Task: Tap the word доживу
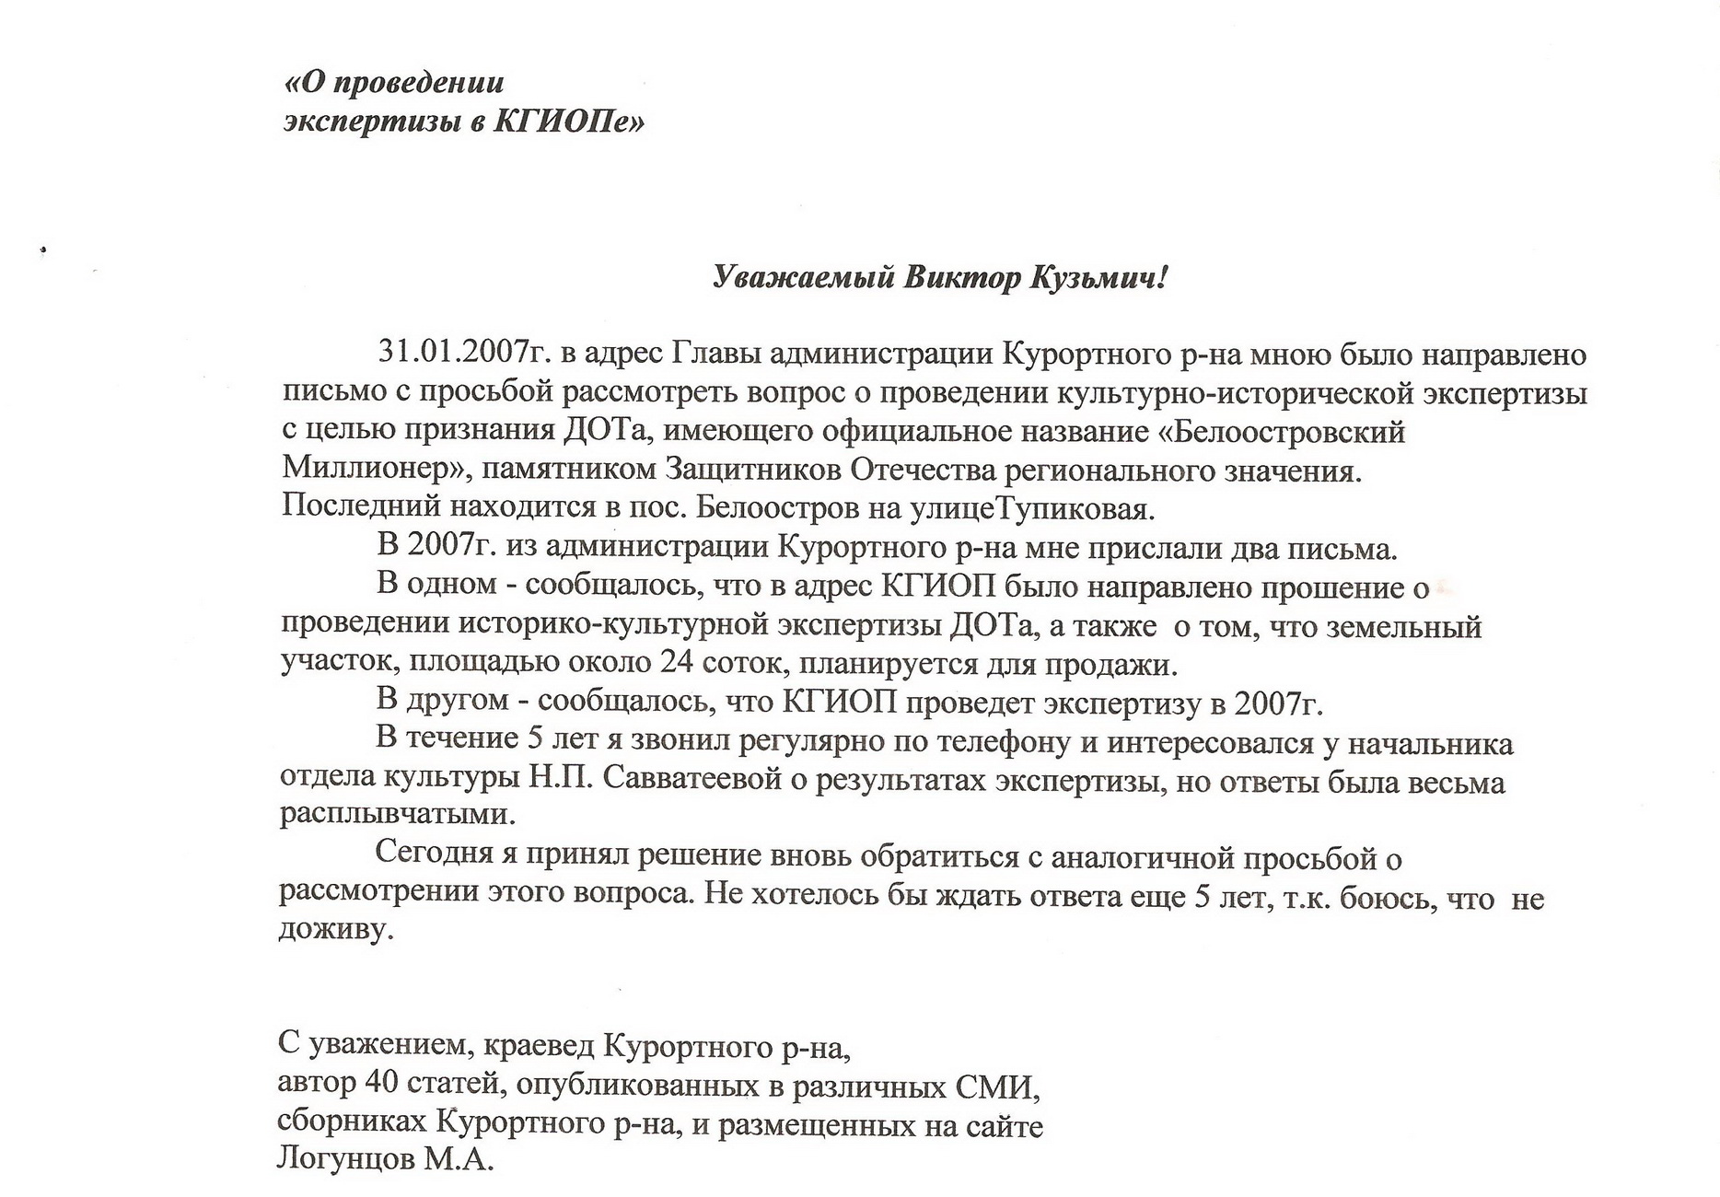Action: (x=335, y=930)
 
